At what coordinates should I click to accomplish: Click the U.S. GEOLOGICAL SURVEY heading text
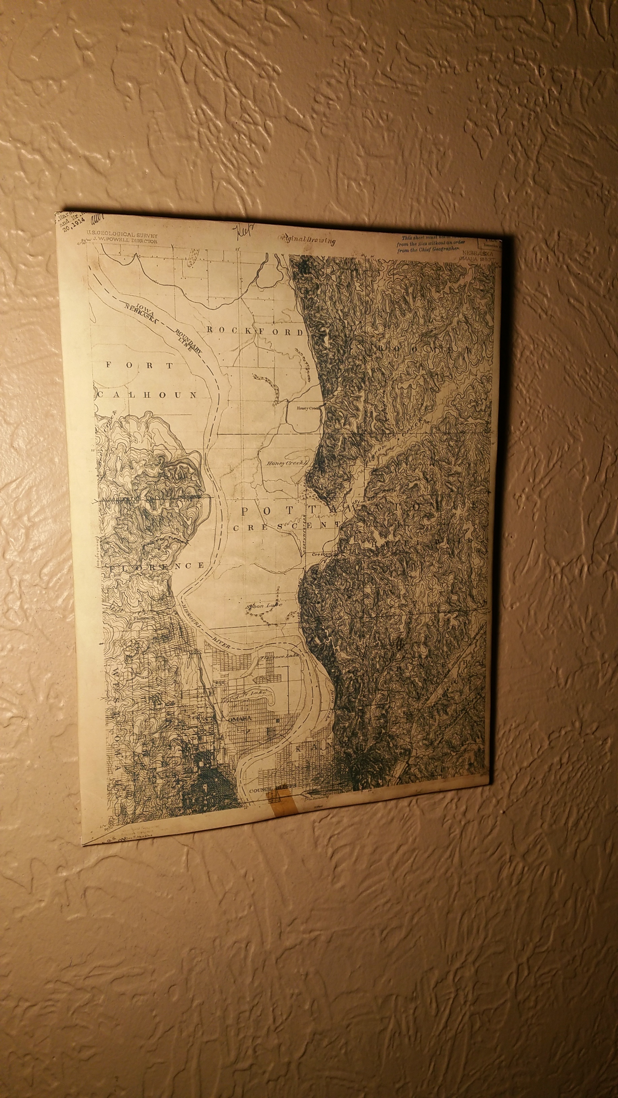pos(122,235)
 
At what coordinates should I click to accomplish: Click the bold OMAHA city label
pos(240,718)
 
